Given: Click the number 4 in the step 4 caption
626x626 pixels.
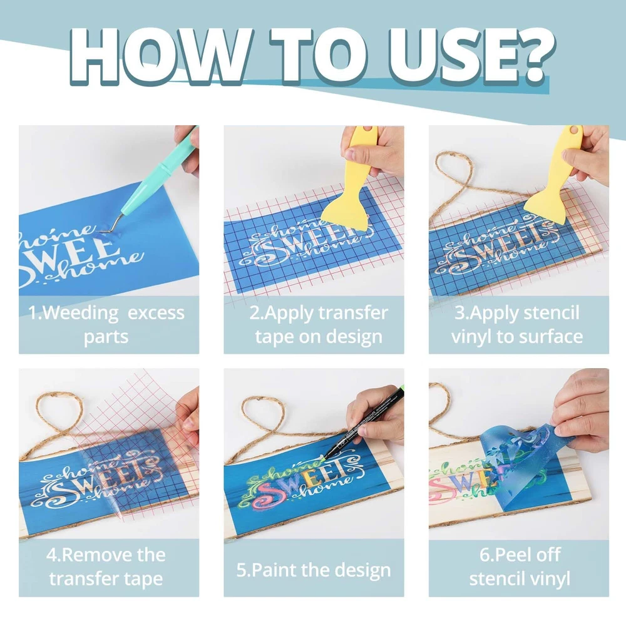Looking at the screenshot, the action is tap(51, 555).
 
